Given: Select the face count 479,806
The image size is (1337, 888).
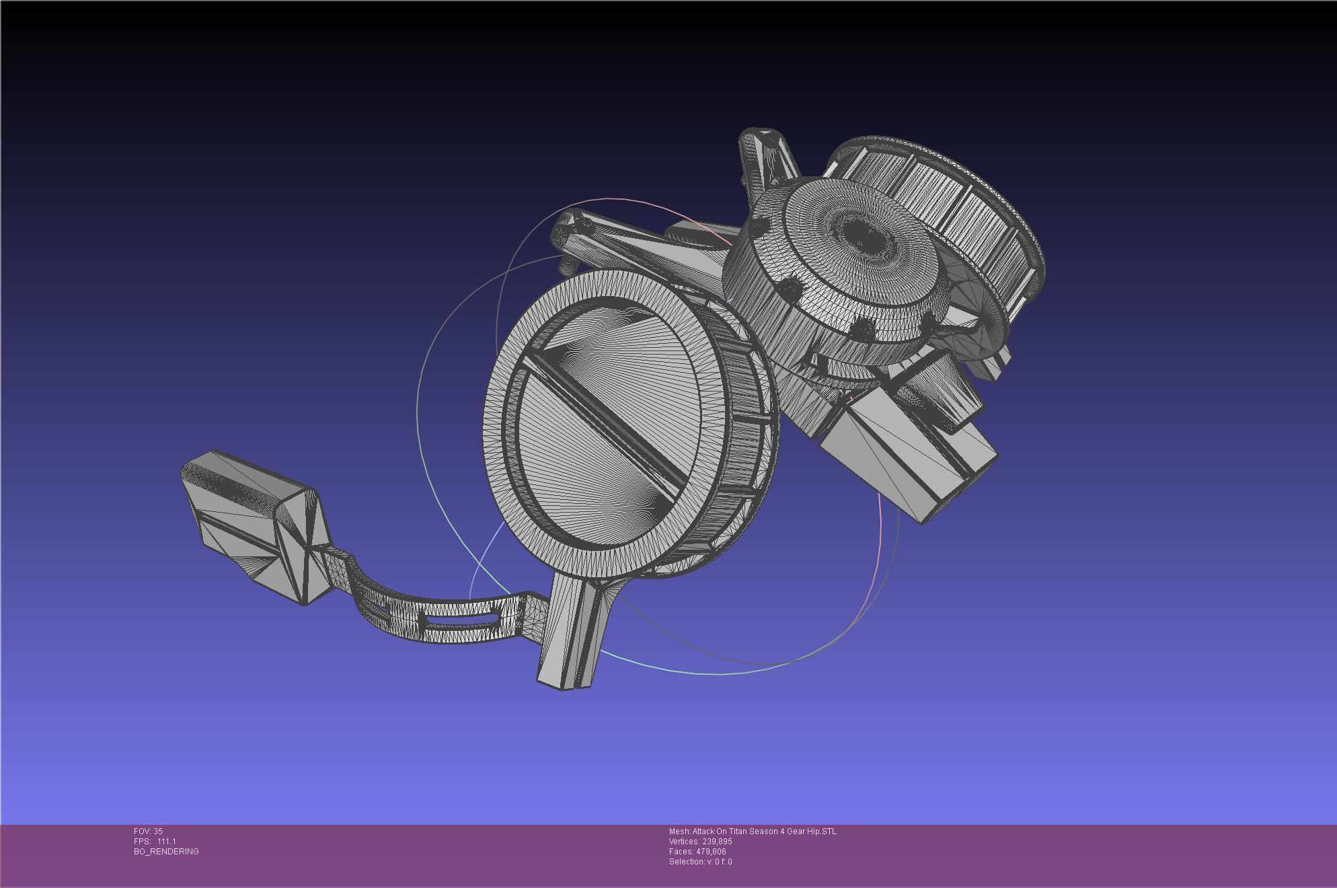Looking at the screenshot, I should (x=710, y=852).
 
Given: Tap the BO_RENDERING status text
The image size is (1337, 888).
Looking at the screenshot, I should (x=166, y=852).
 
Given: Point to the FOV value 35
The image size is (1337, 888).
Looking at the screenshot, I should (x=158, y=831).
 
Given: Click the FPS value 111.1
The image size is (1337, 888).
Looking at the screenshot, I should (x=166, y=842).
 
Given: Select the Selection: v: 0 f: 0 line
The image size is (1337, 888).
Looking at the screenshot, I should (x=700, y=862).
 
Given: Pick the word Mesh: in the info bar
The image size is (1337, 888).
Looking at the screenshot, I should (x=679, y=831).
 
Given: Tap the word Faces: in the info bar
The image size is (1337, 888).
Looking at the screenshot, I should (x=681, y=852).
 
